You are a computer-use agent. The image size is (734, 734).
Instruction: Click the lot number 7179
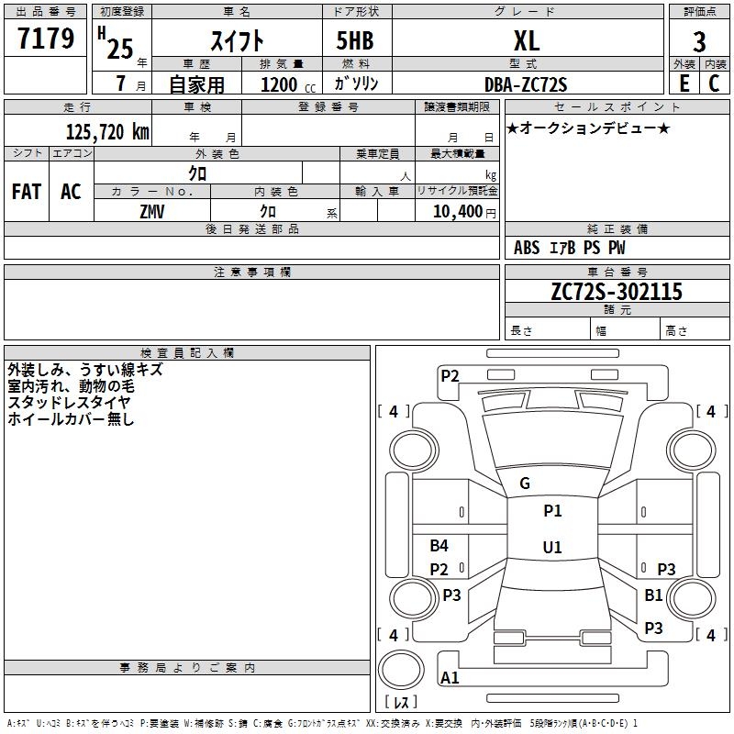click(45, 39)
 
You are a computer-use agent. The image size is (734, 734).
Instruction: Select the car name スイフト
click(238, 40)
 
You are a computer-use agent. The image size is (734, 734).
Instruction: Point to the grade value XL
click(526, 40)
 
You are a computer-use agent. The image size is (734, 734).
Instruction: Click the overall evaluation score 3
click(699, 42)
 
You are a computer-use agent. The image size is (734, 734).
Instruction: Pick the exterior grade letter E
click(684, 83)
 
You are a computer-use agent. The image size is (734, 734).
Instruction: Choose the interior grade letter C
click(714, 83)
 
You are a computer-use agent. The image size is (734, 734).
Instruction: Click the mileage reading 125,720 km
click(107, 132)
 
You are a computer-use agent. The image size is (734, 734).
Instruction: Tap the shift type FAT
click(26, 192)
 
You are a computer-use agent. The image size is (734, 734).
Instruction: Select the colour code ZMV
click(153, 211)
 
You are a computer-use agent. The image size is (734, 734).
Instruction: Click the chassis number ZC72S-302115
click(617, 292)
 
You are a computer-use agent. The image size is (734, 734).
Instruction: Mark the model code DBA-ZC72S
click(526, 84)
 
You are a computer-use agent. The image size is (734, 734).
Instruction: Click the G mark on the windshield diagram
click(525, 484)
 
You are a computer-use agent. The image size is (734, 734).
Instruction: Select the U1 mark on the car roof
click(551, 548)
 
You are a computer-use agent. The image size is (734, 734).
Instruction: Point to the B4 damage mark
click(439, 546)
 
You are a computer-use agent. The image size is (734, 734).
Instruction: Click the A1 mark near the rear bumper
click(450, 678)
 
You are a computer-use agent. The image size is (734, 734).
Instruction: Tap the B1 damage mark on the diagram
click(653, 595)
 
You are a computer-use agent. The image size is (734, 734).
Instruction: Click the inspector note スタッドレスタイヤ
click(69, 402)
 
